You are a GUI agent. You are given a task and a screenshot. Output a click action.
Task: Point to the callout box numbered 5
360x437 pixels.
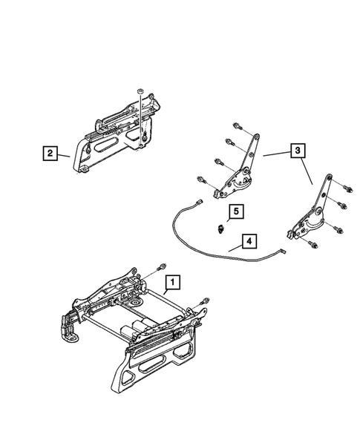point(234,212)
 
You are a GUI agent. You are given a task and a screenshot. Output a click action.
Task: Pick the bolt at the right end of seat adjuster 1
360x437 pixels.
point(206,300)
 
